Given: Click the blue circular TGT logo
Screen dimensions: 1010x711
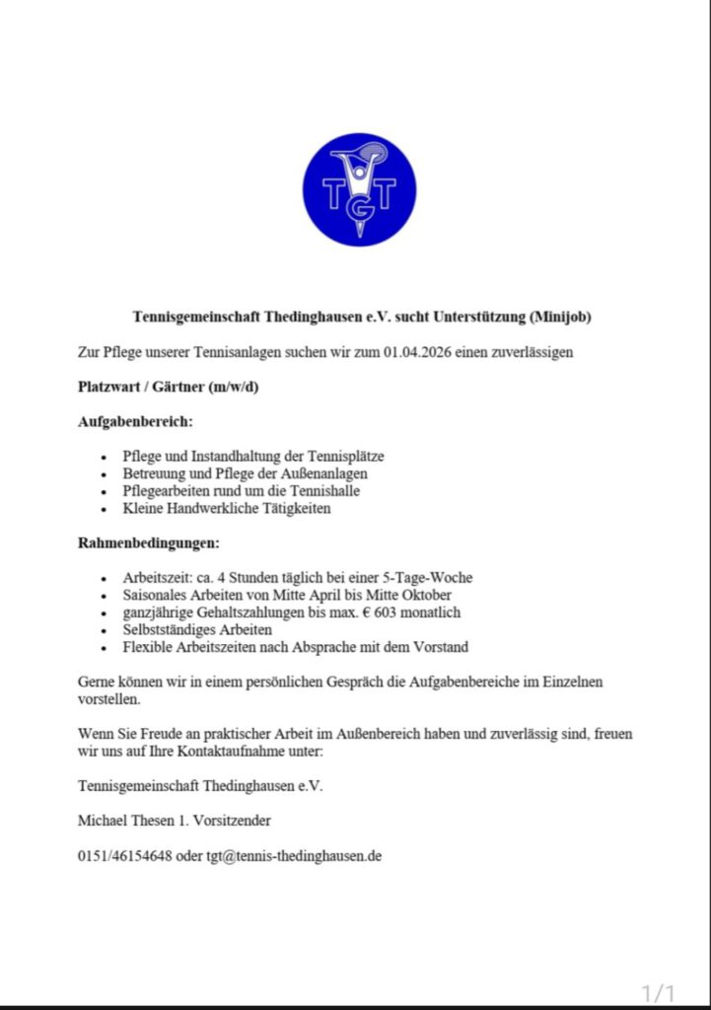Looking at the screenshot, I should (359, 189).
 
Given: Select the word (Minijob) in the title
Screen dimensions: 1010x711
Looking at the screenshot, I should (561, 318).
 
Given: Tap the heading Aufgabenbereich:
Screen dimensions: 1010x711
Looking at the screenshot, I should (135, 421).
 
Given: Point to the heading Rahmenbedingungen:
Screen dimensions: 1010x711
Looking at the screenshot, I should (149, 542).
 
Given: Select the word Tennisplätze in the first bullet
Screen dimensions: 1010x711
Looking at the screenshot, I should (347, 457).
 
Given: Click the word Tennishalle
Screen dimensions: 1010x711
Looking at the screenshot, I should (323, 491).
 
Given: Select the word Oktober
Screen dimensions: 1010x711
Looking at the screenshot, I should (427, 595).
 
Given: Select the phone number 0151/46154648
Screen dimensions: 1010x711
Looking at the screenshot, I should (124, 856).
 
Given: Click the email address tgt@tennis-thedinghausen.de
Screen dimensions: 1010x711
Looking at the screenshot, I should (293, 856).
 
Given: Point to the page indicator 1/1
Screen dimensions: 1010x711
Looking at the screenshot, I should (658, 992).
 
